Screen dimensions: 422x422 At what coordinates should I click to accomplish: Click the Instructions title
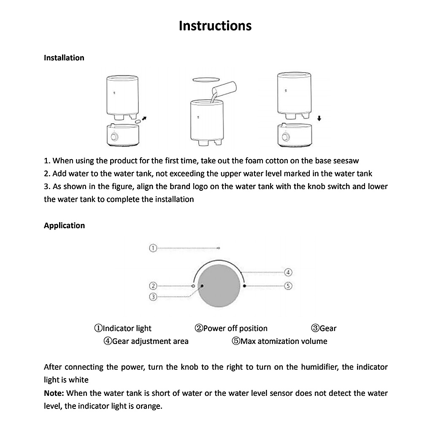215,26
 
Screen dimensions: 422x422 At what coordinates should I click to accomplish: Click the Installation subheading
64,58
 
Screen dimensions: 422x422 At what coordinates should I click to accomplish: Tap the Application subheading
64,225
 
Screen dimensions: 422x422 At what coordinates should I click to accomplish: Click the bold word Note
54,393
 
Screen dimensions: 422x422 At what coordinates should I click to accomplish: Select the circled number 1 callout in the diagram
153,248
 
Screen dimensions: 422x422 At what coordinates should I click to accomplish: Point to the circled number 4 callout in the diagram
289,272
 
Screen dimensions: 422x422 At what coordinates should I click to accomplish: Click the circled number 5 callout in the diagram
289,286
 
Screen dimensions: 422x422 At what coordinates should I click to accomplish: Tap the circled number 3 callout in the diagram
153,297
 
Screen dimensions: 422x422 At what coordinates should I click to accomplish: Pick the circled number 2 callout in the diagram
153,286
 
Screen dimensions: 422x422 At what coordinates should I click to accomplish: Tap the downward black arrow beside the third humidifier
319,119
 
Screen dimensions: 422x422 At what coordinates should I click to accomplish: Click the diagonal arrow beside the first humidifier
145,119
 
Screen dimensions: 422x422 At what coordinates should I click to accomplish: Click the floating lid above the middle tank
206,79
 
